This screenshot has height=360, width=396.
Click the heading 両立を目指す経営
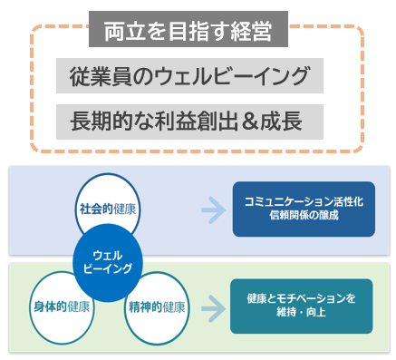pos(188,32)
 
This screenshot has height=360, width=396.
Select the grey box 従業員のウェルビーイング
pos(188,76)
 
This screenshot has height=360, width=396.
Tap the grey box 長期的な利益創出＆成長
pos(188,119)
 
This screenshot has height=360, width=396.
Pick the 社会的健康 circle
pos(110,208)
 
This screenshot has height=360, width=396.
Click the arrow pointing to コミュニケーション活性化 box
pos(214,210)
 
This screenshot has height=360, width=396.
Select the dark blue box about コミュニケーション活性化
pos(304,209)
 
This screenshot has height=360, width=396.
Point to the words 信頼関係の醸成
pos(304,218)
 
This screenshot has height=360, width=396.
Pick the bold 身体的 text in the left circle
pos(48,306)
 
